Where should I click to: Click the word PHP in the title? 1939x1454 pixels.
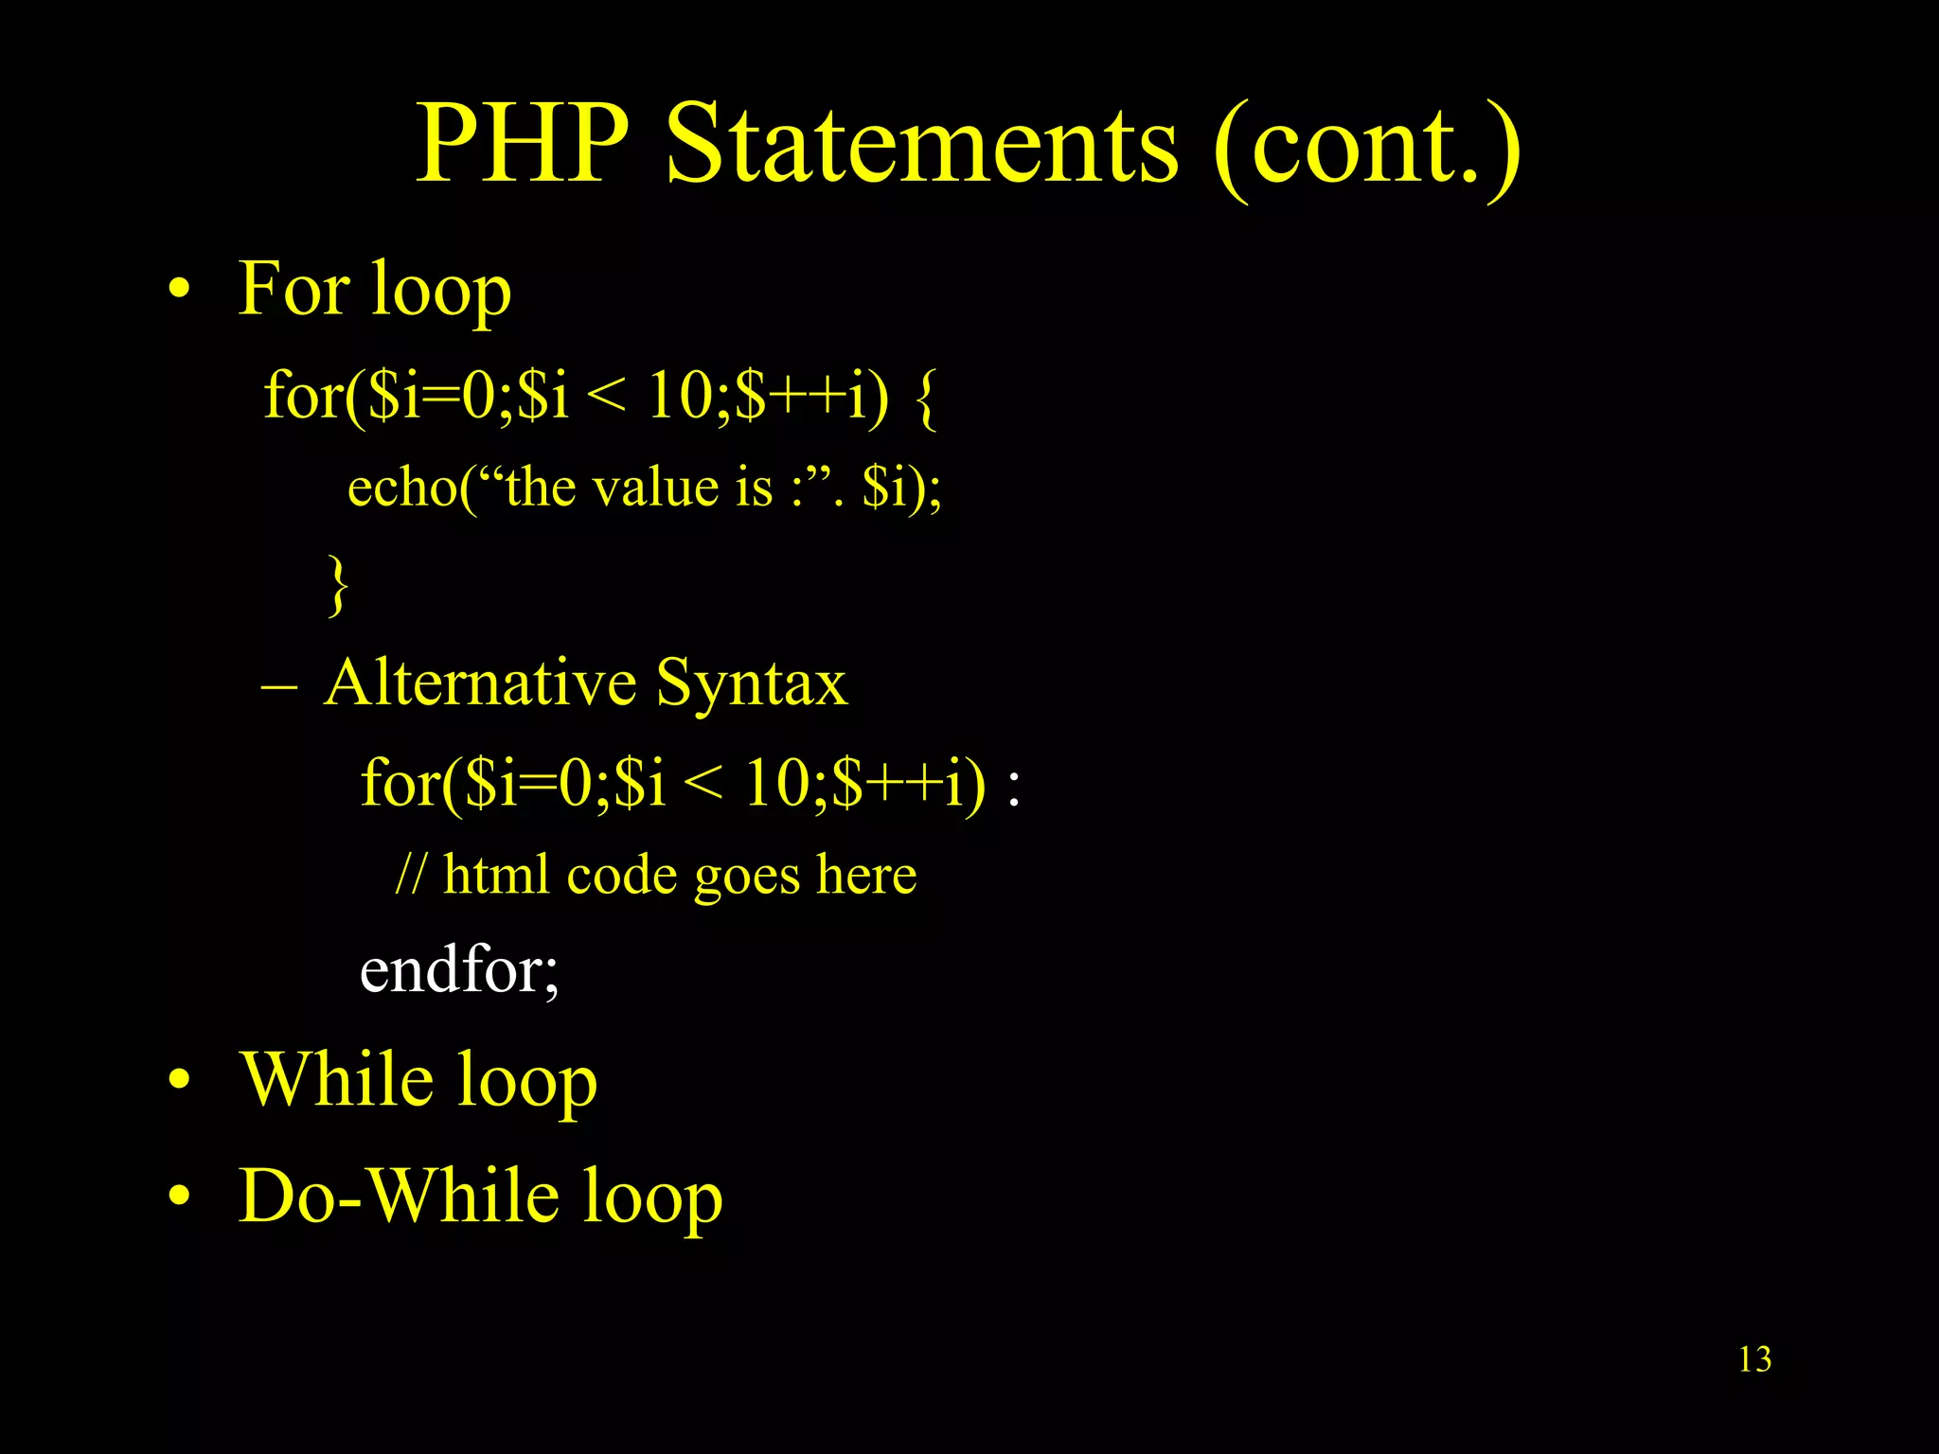524,144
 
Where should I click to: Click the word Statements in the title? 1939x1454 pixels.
923,144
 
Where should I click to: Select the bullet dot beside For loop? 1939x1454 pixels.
179,292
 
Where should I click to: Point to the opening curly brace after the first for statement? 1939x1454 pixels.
927,398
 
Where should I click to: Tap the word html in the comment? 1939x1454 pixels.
495,874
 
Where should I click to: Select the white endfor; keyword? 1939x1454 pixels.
459,970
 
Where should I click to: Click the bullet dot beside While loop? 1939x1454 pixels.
179,1082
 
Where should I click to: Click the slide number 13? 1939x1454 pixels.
1754,1359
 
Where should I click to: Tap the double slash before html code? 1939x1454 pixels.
410,874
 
